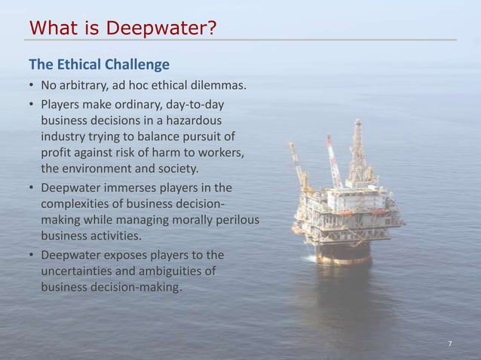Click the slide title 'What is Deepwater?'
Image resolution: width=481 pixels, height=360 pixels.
(x=122, y=28)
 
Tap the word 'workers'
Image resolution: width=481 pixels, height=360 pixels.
(x=223, y=152)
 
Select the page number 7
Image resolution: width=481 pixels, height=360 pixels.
(x=449, y=344)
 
